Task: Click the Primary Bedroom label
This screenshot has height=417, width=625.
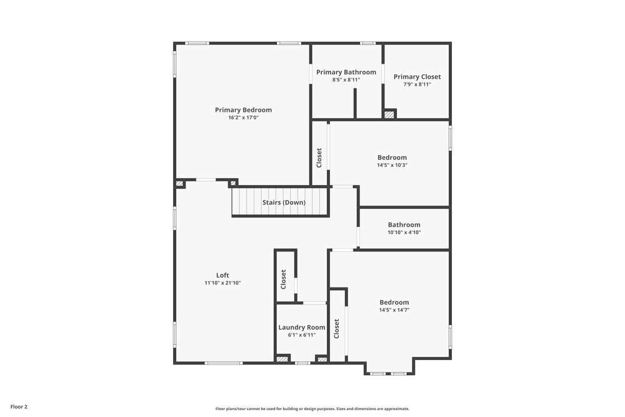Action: [x=243, y=110]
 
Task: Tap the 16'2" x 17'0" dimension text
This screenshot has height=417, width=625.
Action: [x=243, y=118]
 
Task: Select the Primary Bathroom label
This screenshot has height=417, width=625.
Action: [x=346, y=73]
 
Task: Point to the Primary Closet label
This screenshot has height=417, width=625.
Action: [x=417, y=77]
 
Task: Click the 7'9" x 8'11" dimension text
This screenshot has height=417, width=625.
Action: [x=417, y=84]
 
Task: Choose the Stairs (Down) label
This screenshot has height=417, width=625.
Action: [x=284, y=203]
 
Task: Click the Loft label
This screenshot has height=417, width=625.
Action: [x=222, y=275]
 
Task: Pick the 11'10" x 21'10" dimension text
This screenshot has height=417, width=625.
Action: [x=222, y=283]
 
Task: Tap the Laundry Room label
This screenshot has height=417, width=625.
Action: [x=302, y=327]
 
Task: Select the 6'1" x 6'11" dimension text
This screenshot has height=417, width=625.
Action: [x=302, y=334]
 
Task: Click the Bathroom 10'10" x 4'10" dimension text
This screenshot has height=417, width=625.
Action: [x=404, y=233]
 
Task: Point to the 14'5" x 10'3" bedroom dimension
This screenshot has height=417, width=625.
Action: [x=392, y=165]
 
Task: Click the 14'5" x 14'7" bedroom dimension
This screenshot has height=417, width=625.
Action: [x=394, y=310]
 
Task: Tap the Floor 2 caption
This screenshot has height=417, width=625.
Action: [x=19, y=406]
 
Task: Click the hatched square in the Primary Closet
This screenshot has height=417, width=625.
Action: [x=389, y=114]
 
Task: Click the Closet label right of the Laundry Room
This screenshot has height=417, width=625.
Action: [x=337, y=328]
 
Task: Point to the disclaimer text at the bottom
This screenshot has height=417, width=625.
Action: [x=312, y=409]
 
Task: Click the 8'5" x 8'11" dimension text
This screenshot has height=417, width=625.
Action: [x=346, y=80]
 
